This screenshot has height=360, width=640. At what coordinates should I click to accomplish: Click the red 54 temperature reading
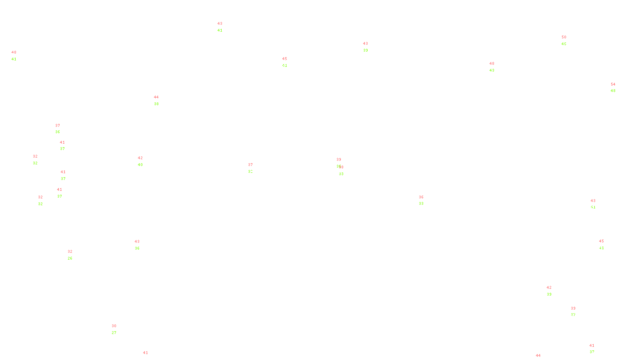[613, 84]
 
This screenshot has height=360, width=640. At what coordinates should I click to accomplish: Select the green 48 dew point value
[613, 91]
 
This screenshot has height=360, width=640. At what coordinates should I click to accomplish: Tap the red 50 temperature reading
[564, 37]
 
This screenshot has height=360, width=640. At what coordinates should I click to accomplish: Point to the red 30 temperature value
[114, 326]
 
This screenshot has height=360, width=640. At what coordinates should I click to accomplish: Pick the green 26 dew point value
[70, 258]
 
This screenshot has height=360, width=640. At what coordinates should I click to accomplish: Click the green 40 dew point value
[140, 165]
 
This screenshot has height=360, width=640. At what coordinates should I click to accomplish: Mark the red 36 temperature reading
[421, 197]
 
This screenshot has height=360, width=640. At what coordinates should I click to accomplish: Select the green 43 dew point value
[492, 70]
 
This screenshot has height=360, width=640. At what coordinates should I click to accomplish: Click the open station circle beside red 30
[118, 330]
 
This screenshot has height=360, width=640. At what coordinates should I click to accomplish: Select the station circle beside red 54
[617, 88]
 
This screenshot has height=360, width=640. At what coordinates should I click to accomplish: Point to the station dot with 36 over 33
[425, 200]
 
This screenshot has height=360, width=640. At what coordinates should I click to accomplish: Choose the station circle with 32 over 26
[74, 255]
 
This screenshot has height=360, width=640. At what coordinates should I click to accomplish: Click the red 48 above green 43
[492, 64]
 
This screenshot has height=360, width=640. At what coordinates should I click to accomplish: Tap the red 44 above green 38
[156, 97]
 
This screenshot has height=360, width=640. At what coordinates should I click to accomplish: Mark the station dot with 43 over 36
[141, 245]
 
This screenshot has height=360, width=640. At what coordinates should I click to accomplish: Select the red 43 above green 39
[365, 44]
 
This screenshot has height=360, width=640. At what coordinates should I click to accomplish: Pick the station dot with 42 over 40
[144, 161]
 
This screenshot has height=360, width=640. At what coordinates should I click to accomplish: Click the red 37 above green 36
[58, 126]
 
